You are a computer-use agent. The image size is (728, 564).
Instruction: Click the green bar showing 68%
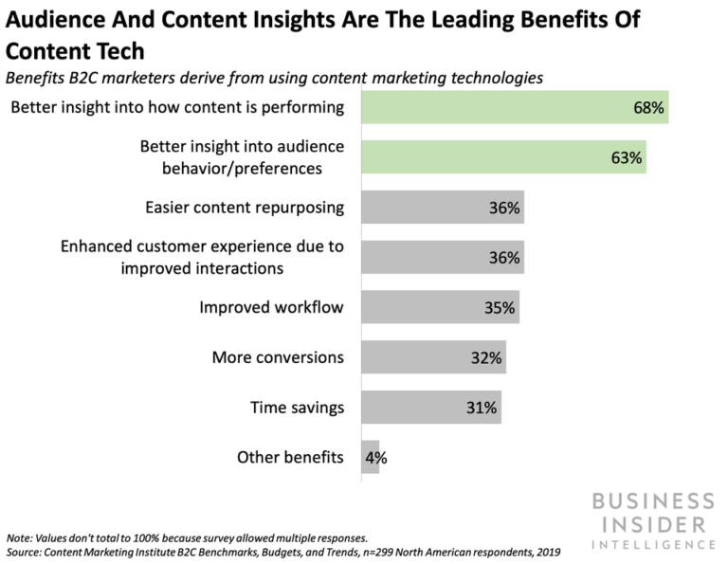pyautogui.click(x=515, y=108)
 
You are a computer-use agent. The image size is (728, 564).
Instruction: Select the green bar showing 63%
pyautogui.click(x=503, y=157)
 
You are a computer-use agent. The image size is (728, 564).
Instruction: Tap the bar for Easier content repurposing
pyautogui.click(x=442, y=208)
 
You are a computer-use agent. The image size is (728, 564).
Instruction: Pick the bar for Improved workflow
pyautogui.click(x=440, y=307)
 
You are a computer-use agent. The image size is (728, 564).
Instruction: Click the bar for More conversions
pyautogui.click(x=432, y=358)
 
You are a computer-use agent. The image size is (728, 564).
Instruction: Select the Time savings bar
pyautogui.click(x=430, y=408)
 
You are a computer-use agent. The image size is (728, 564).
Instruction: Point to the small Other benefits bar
pyautogui.click(x=370, y=458)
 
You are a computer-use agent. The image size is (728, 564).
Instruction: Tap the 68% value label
pyautogui.click(x=650, y=108)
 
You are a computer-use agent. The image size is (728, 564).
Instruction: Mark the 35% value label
pyautogui.click(x=499, y=308)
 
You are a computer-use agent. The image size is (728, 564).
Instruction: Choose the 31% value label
pyautogui.click(x=481, y=409)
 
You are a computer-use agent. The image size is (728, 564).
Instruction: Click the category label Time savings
pyautogui.click(x=297, y=409)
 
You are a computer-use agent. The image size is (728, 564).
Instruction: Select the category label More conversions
pyautogui.click(x=277, y=358)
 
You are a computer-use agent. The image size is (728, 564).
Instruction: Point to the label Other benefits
pyautogui.click(x=289, y=459)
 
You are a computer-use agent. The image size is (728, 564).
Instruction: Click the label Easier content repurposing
pyautogui.click(x=244, y=208)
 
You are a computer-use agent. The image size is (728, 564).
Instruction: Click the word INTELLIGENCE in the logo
pyautogui.click(x=657, y=544)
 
